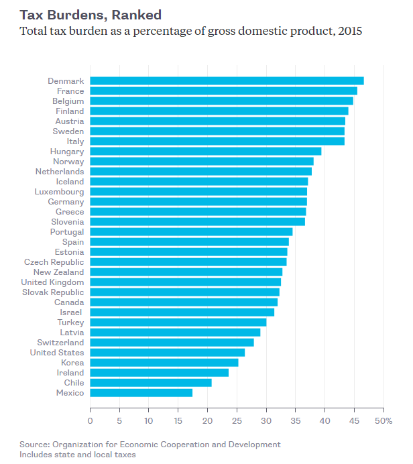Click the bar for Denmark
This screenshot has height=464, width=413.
coord(227,81)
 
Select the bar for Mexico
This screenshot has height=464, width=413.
coord(141,393)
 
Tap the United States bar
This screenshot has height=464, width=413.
coord(168,353)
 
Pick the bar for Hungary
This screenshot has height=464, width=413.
coord(206,152)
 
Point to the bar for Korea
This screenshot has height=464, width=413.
coord(164,363)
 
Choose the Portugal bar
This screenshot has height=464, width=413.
coord(191,232)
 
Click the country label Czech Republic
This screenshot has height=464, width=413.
coord(54,262)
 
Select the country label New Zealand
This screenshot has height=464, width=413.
coord(59,272)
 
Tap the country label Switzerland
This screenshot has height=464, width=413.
coord(61,343)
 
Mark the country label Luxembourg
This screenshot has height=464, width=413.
coord(59,192)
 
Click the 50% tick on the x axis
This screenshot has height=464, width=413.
coord(383,421)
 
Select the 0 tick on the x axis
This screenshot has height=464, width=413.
coord(91,421)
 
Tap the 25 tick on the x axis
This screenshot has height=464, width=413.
coord(237,421)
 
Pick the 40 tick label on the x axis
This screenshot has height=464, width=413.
coord(325,421)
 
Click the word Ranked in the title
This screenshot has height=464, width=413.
coord(137,14)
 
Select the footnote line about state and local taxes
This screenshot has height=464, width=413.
coord(78,455)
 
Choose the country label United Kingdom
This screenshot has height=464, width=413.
coord(53,282)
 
